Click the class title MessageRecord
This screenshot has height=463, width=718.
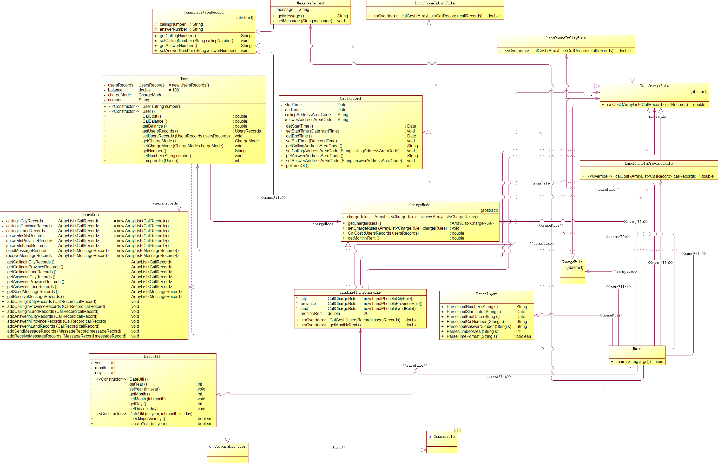pyautogui.click(x=310, y=3)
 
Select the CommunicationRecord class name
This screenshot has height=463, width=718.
pyautogui.click(x=203, y=12)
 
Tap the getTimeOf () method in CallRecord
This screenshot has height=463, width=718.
pyautogui.click(x=297, y=166)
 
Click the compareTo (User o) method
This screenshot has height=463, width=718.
pyautogui.click(x=160, y=161)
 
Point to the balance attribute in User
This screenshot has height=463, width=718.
pyautogui.click(x=115, y=90)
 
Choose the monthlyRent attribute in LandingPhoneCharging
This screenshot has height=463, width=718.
pyautogui.click(x=311, y=314)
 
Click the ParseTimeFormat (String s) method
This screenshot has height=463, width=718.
pyautogui.click(x=471, y=336)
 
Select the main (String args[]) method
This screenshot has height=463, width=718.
pyautogui.click(x=633, y=362)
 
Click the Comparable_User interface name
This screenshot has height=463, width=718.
pyautogui.click(x=230, y=446)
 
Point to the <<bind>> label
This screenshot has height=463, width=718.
pyautogui.click(x=337, y=447)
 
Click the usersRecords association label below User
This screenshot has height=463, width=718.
pyautogui.click(x=165, y=203)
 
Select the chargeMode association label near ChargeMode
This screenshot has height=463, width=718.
pyautogui.click(x=322, y=224)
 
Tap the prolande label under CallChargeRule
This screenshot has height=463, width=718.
pyautogui.click(x=657, y=117)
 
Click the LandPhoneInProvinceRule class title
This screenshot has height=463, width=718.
pyautogui.click(x=649, y=163)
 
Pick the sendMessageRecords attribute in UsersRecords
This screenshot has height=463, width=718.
pyautogui.click(x=27, y=251)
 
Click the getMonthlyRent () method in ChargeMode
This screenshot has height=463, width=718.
pyautogui.click(x=363, y=238)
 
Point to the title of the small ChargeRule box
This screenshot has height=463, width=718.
pyautogui.click(x=572, y=262)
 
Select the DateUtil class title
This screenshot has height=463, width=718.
pyautogui.click(x=152, y=356)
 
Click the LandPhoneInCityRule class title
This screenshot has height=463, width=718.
pyautogui.click(x=566, y=38)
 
